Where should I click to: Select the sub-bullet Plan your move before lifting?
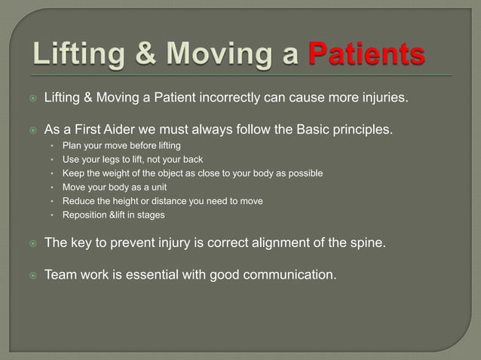coord(121,145)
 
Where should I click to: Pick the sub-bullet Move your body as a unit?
coord(114,187)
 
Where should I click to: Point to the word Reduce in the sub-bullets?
coord(78,200)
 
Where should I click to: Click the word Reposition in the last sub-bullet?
coord(85,215)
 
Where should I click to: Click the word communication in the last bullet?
coord(290,274)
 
